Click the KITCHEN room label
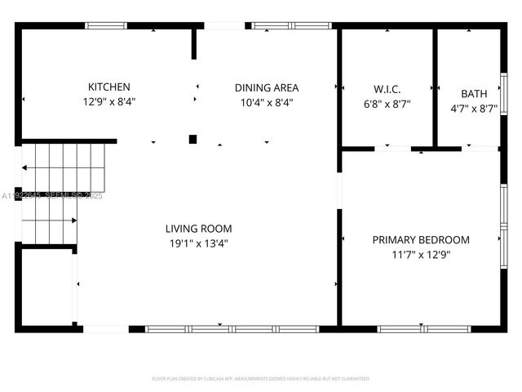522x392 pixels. pyautogui.click(x=108, y=87)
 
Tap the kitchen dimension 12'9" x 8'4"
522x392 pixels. pyautogui.click(x=108, y=103)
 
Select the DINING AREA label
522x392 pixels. pyautogui.click(x=267, y=88)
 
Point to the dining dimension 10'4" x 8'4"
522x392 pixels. pyautogui.click(x=267, y=103)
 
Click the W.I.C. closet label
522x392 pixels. pyautogui.click(x=387, y=89)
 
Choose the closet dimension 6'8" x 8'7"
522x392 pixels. pyautogui.click(x=387, y=105)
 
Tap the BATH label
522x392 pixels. pyautogui.click(x=474, y=94)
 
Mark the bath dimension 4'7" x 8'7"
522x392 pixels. pyautogui.click(x=474, y=108)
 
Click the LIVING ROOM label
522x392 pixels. pyautogui.click(x=199, y=229)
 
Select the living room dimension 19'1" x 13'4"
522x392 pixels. pyautogui.click(x=199, y=243)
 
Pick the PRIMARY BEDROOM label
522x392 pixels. pyautogui.click(x=421, y=240)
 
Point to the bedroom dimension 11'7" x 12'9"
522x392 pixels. pyautogui.click(x=421, y=254)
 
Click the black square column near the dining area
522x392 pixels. pyautogui.click(x=193, y=140)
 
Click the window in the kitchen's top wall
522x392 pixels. pyautogui.click(x=106, y=26)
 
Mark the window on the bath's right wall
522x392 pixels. pyautogui.click(x=503, y=94)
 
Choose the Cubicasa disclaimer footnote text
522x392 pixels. pyautogui.click(x=261, y=379)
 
